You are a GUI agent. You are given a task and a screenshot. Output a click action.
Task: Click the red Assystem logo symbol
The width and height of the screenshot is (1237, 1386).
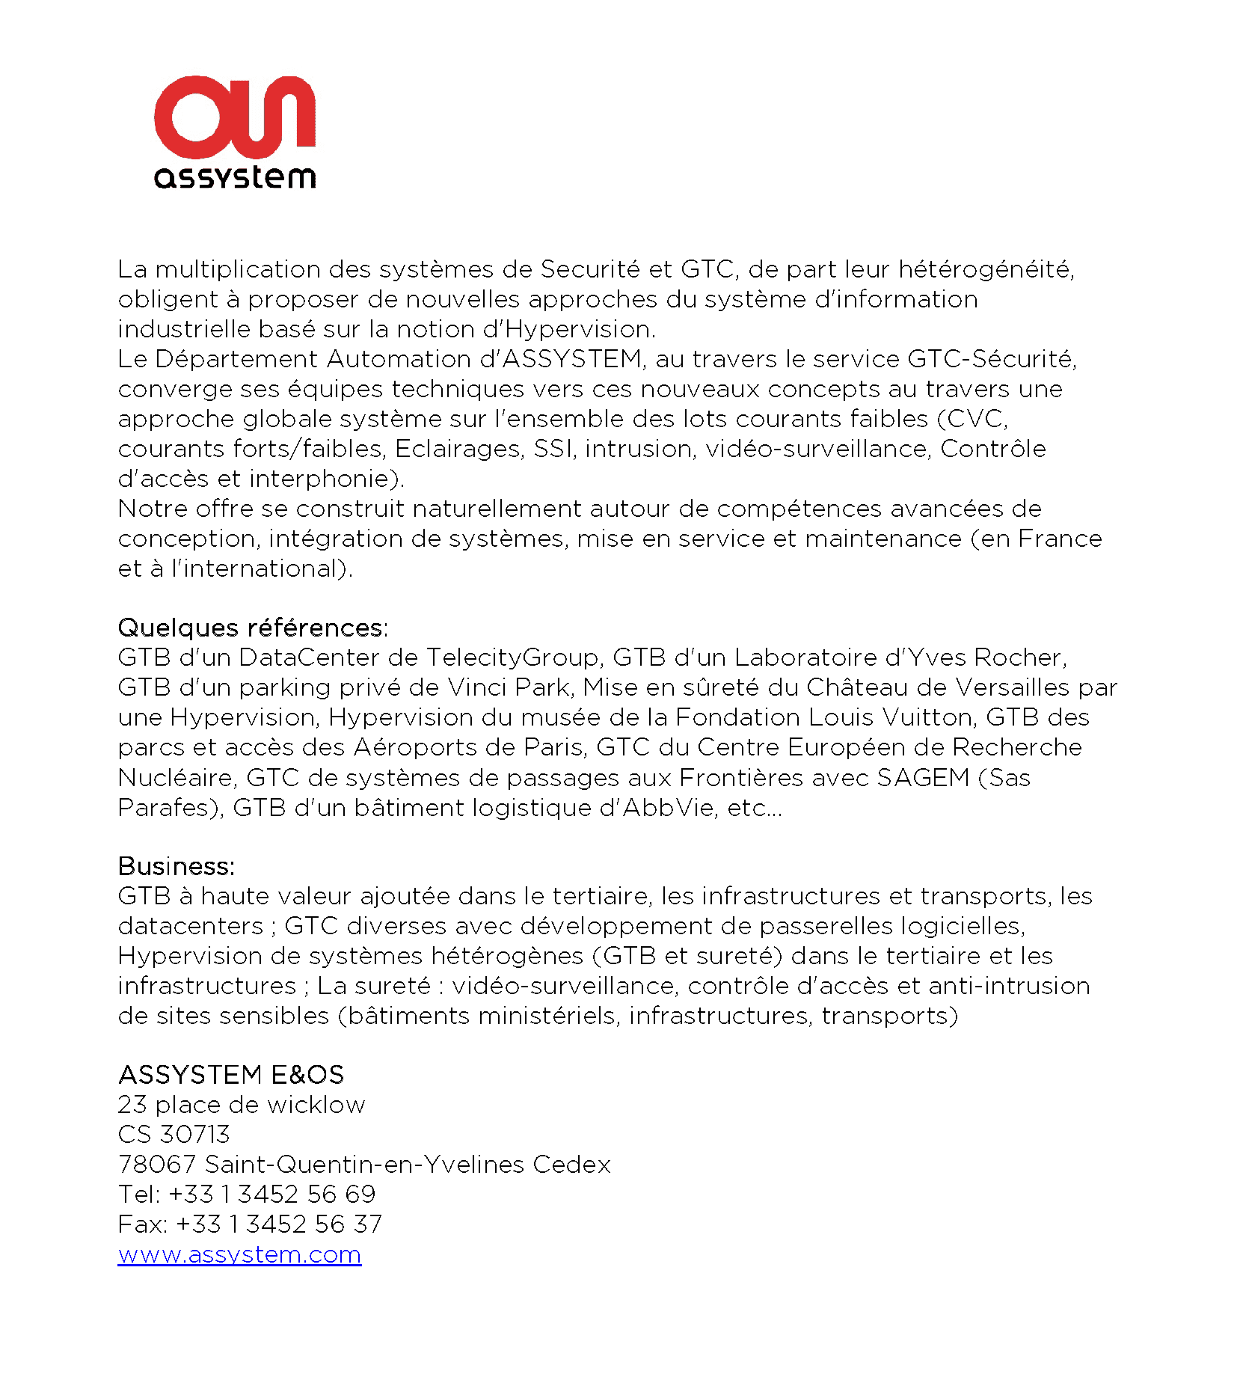click(x=234, y=117)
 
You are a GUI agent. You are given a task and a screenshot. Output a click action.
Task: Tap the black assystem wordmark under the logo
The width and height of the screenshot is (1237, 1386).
click(x=235, y=177)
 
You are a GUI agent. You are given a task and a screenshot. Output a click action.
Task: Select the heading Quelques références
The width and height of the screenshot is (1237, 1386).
click(x=252, y=628)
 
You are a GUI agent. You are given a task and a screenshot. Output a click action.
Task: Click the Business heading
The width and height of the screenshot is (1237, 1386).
click(x=176, y=866)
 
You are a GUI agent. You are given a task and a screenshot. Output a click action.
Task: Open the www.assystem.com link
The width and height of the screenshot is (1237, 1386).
click(x=239, y=1254)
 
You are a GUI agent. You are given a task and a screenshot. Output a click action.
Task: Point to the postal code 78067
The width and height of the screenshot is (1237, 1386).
click(x=157, y=1165)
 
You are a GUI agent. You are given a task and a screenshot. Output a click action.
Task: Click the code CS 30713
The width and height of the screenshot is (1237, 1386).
click(x=174, y=1135)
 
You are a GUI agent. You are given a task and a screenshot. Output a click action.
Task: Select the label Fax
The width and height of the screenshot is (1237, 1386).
click(x=141, y=1224)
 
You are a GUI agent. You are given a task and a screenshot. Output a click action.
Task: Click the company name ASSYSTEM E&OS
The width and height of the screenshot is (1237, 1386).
click(x=231, y=1075)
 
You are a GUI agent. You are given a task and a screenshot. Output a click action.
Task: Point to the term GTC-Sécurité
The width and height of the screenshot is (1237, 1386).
click(x=991, y=359)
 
